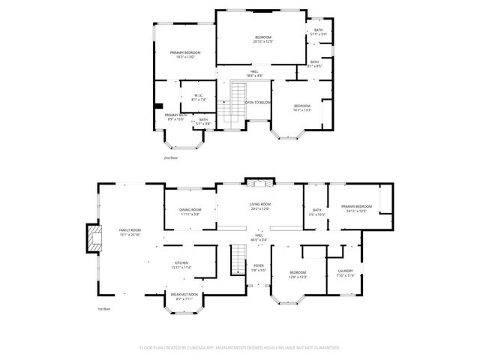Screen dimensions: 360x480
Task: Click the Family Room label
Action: tap(130, 232)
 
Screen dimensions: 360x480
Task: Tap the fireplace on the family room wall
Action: tap(94, 238)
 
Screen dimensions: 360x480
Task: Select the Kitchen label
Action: tap(182, 264)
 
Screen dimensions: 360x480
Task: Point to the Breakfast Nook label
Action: tap(184, 296)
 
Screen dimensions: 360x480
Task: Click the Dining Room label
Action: tap(190, 211)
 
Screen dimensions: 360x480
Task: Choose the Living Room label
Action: tap(259, 206)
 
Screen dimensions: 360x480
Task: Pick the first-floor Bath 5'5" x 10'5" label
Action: tap(317, 212)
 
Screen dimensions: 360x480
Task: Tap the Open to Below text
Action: tap(258, 102)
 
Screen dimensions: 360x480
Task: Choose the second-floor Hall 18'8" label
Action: tap(254, 73)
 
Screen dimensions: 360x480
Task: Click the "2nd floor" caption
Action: tap(171, 158)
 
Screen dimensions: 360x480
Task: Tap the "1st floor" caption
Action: tap(104, 308)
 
